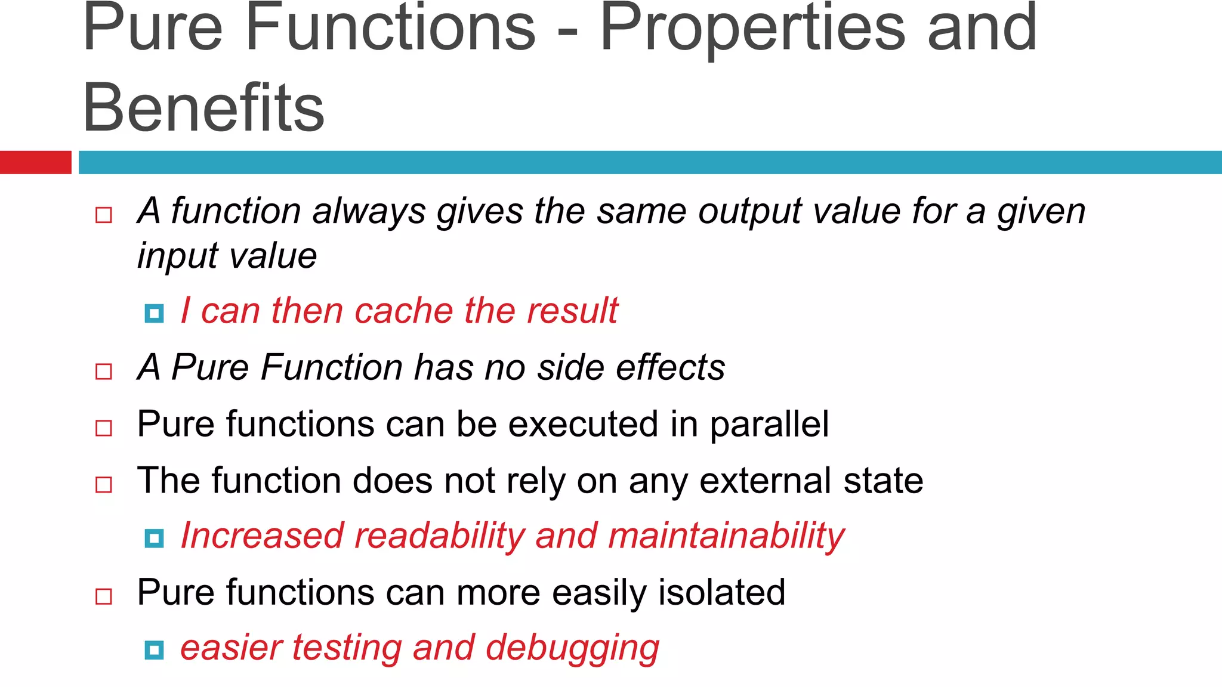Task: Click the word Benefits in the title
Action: [x=203, y=108]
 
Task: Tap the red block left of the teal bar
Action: [x=35, y=162]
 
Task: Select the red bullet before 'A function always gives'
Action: [x=104, y=215]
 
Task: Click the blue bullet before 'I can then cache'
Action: [x=154, y=313]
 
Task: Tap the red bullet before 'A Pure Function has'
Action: [x=104, y=372]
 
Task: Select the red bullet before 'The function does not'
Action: [x=104, y=484]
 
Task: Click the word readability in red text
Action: [x=439, y=536]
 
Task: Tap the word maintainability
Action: [x=726, y=536]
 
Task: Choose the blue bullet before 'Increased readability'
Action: [x=154, y=539]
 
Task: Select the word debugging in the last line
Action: [x=572, y=649]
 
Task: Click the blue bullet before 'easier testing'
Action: [x=154, y=650]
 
